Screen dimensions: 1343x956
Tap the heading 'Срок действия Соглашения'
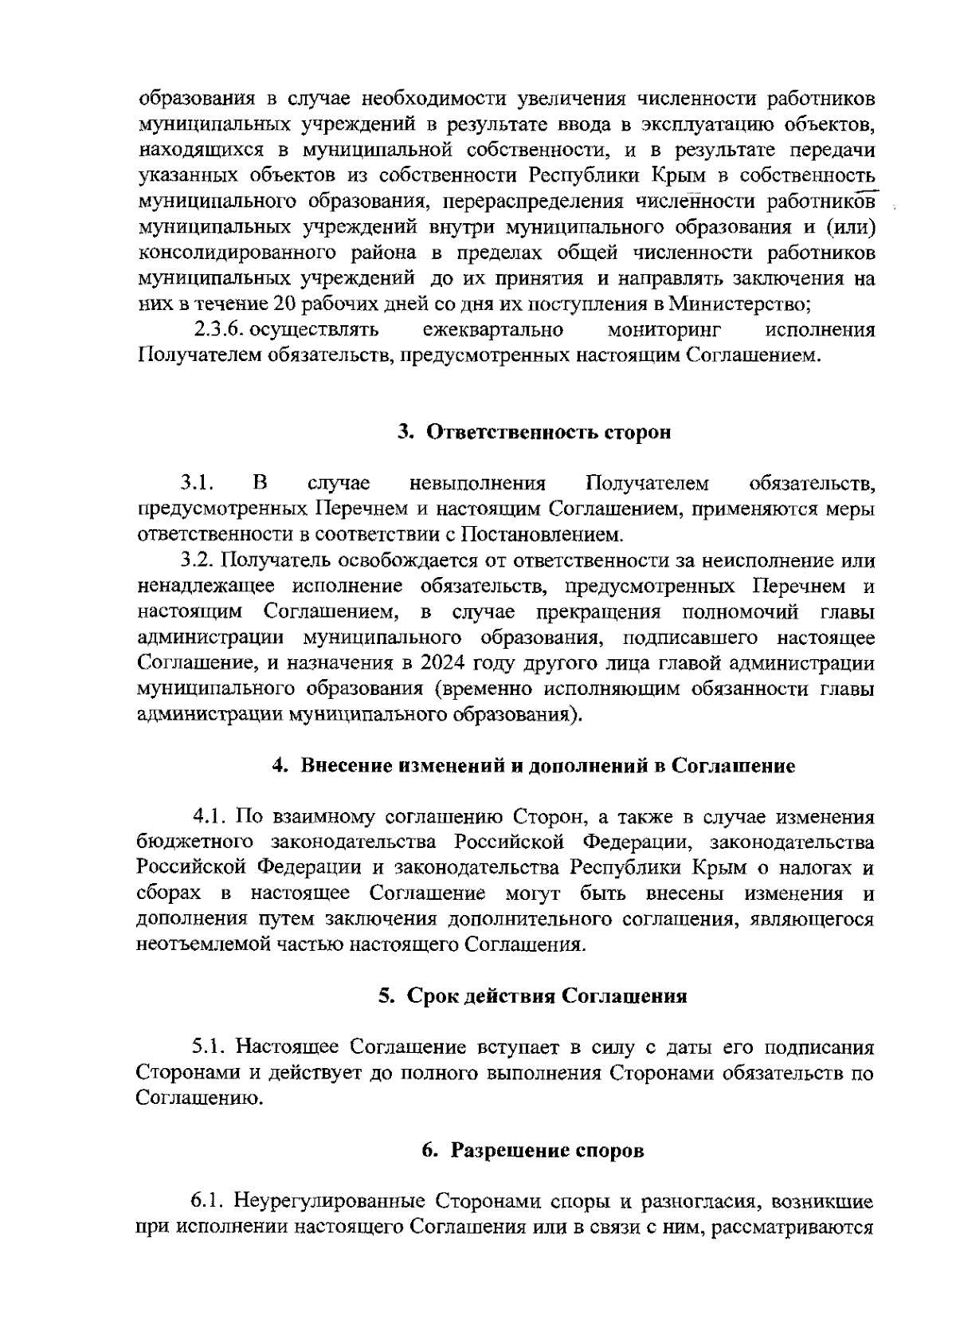(533, 996)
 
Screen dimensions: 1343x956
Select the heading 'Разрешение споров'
(533, 1150)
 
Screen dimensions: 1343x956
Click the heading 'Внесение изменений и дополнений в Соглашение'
(533, 766)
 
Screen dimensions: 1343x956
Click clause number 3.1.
(197, 483)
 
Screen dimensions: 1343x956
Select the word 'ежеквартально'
(493, 329)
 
